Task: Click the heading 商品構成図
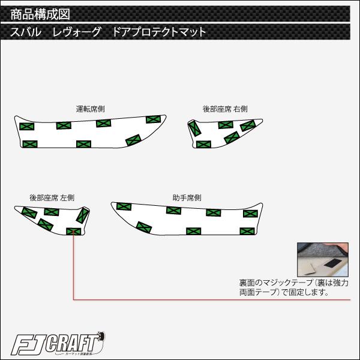click(40, 14)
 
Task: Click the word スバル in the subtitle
click(26, 32)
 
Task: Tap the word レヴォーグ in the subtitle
click(77, 32)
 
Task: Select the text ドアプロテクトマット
click(159, 32)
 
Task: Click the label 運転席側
click(90, 109)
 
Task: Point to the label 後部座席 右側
click(225, 109)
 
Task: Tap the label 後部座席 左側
click(52, 197)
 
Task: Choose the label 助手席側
click(187, 197)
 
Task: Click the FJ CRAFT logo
click(58, 344)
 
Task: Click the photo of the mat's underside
click(323, 259)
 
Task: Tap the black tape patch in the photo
click(333, 263)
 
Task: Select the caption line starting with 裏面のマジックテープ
click(293, 283)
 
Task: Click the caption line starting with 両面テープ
click(284, 292)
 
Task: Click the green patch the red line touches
click(74, 232)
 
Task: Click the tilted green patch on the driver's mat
click(133, 140)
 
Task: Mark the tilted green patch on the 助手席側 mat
click(144, 227)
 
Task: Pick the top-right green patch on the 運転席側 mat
click(153, 119)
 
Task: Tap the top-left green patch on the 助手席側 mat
click(124, 206)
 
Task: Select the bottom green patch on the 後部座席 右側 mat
click(203, 145)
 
